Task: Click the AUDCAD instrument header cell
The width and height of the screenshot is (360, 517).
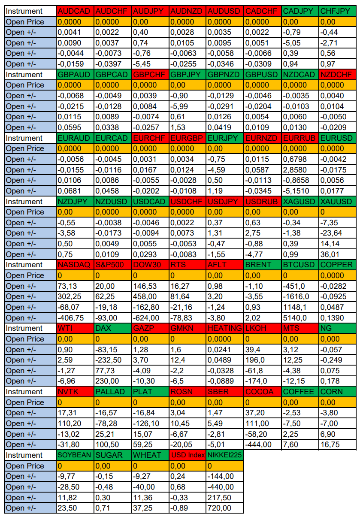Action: tap(75, 11)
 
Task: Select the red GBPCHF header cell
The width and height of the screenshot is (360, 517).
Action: tap(150, 75)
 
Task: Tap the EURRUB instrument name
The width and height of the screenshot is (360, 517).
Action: tap(300, 138)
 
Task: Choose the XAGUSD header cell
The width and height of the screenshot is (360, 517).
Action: tap(300, 202)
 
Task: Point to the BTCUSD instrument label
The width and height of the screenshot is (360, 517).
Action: tap(300, 265)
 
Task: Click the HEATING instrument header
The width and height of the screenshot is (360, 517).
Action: tap(224, 329)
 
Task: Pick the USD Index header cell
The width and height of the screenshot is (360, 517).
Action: tap(187, 456)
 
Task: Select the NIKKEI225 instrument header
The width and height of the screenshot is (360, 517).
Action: tap(224, 456)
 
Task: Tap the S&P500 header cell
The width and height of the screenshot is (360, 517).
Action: tap(112, 265)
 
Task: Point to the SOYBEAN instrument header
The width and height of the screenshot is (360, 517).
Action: tap(75, 456)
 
